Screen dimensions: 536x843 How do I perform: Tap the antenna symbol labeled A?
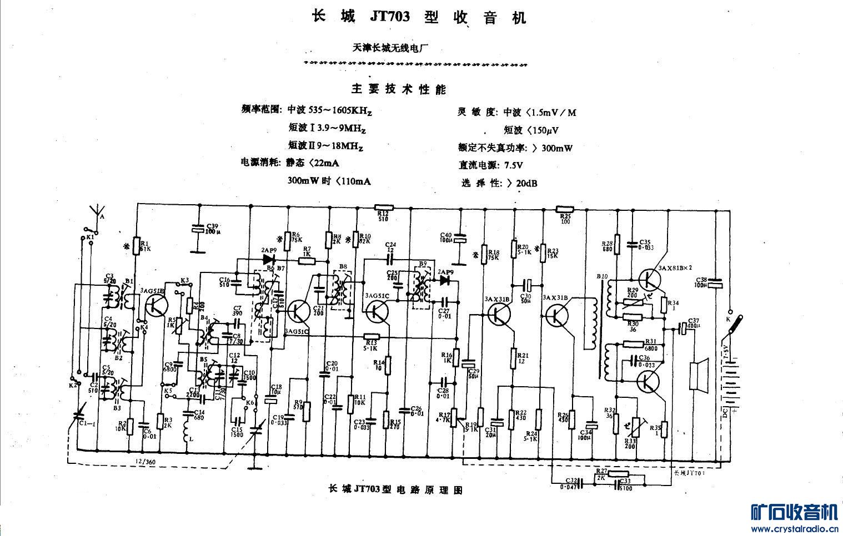98,212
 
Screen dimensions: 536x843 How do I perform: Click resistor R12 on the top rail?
384,207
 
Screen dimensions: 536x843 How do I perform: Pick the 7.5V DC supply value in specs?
513,165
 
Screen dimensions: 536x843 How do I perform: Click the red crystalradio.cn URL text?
794,529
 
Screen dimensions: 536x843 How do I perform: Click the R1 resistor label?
144,246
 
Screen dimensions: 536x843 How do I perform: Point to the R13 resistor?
372,336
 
